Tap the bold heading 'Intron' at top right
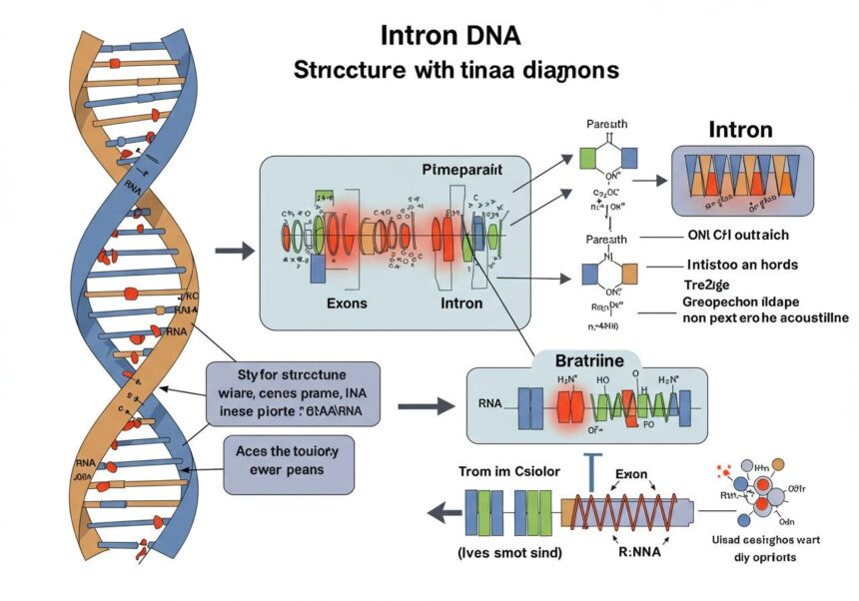click(x=740, y=130)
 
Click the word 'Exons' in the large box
click(x=347, y=302)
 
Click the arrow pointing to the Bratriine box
click(x=426, y=407)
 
